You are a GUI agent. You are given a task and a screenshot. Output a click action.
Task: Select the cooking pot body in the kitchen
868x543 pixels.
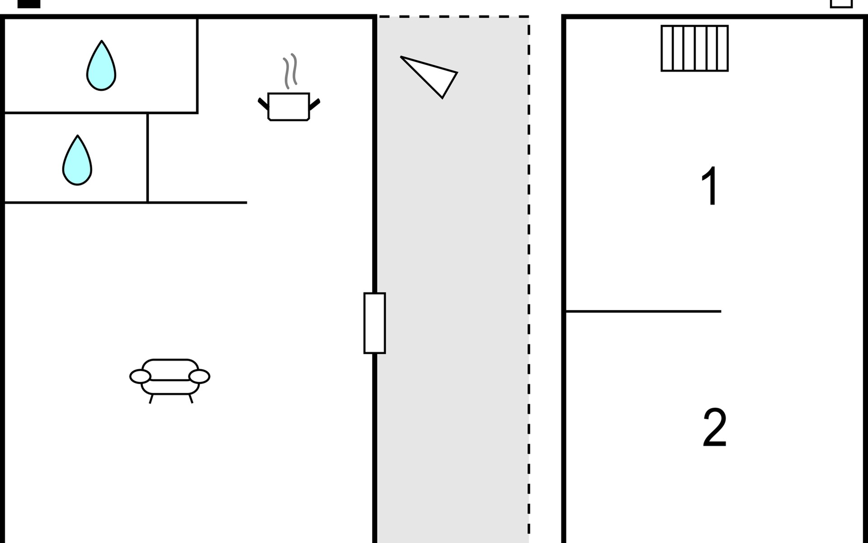point(288,107)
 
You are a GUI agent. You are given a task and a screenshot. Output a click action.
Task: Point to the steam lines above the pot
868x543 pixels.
point(290,71)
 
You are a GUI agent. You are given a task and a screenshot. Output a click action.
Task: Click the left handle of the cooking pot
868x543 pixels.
point(263,104)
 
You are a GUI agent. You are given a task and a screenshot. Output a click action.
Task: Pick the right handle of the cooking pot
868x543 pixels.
point(315,105)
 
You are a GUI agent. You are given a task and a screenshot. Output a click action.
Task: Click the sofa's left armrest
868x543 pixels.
point(140,376)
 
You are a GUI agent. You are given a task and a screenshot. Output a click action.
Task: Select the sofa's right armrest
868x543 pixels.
point(199,376)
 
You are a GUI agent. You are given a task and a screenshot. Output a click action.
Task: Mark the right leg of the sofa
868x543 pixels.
point(191,399)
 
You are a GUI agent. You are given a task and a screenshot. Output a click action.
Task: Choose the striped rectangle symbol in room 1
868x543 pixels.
point(694,48)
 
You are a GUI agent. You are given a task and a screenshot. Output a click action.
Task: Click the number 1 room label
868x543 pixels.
point(710,186)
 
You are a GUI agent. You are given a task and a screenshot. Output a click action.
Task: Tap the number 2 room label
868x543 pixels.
point(715,428)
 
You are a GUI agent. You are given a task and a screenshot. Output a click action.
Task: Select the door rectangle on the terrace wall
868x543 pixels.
point(375,323)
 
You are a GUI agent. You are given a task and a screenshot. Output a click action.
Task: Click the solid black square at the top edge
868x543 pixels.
point(29,3)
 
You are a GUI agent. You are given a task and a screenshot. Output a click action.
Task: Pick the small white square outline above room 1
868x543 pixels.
point(841,3)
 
